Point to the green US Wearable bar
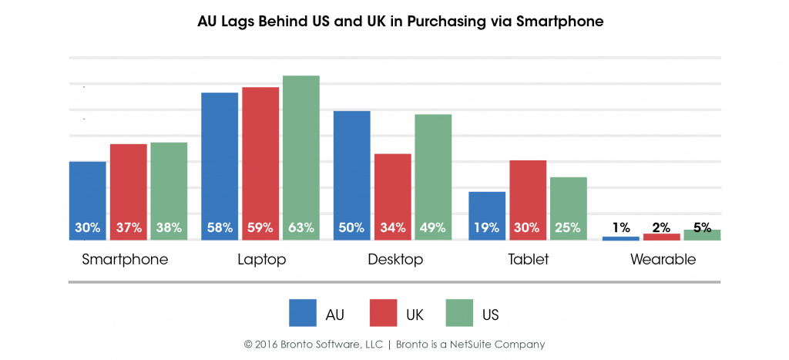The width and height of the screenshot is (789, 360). (702, 235)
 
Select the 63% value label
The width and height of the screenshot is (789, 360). (300, 227)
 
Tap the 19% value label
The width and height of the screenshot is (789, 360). (487, 227)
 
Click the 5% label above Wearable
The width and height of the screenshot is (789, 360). (702, 227)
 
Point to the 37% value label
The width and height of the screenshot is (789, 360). (128, 227)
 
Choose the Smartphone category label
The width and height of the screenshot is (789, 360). (125, 260)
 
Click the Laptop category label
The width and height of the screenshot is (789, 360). (262, 260)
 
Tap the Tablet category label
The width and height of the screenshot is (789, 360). (528, 260)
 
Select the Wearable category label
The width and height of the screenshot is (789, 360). (663, 260)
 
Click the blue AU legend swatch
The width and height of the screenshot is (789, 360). (304, 313)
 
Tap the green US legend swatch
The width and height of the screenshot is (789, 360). (461, 313)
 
